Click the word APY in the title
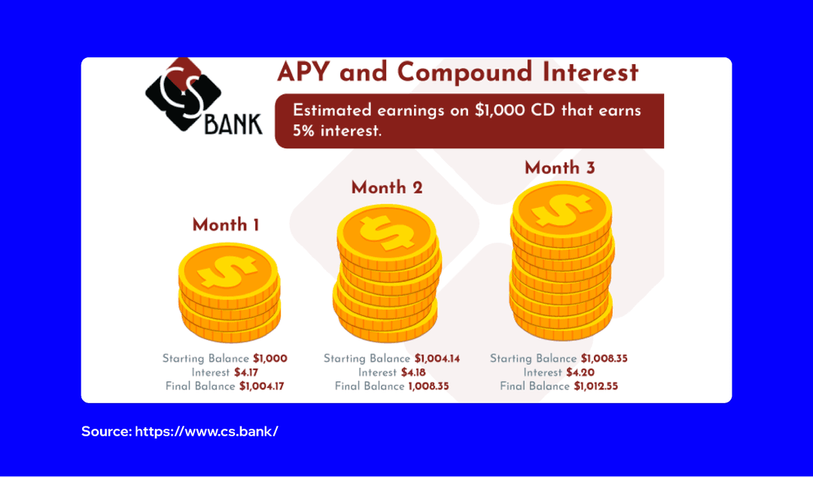305,72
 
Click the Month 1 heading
226,225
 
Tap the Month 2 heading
387,188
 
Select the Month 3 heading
560,167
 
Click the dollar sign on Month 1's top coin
228,269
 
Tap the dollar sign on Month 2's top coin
385,232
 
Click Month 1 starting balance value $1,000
270,359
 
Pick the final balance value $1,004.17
263,387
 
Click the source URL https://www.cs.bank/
207,432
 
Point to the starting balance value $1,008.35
604,359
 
